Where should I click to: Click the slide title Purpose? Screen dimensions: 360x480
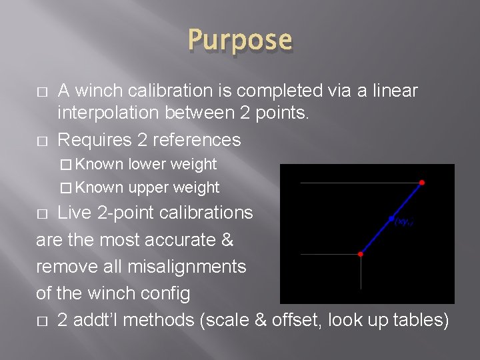point(240,39)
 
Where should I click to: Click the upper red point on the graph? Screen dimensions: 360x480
point(421,182)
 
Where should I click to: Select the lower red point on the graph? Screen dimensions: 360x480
point(361,254)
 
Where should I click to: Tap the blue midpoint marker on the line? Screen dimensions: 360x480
point(391,218)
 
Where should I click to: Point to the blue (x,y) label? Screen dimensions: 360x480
point(404,221)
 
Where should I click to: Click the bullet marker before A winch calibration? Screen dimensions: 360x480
point(41,91)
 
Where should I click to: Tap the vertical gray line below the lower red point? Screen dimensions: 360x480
point(361,273)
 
